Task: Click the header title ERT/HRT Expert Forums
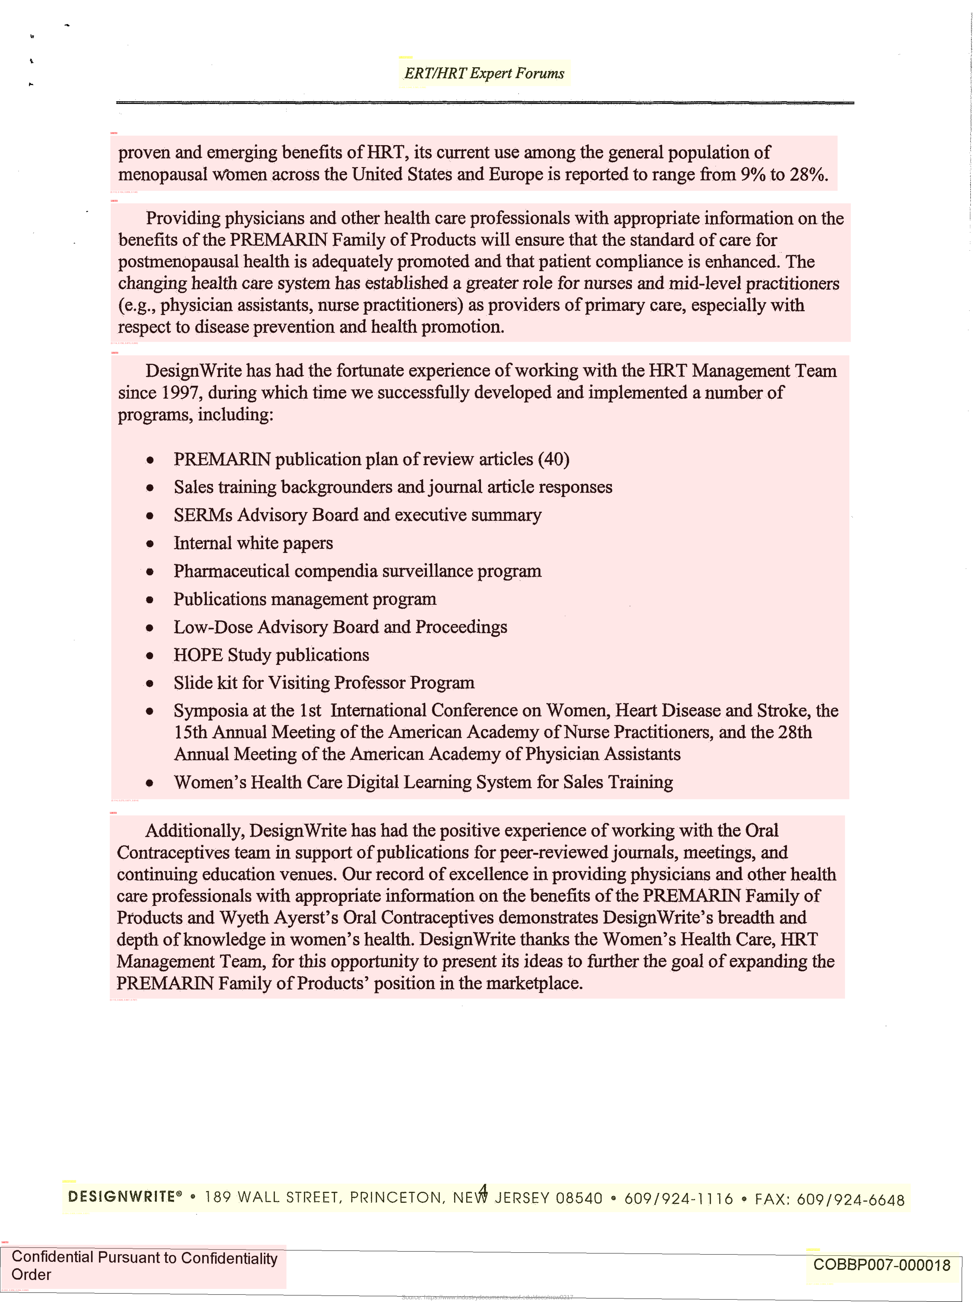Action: (484, 74)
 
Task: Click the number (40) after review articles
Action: (553, 459)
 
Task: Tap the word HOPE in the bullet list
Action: (198, 655)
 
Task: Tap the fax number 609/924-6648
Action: (850, 1200)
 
